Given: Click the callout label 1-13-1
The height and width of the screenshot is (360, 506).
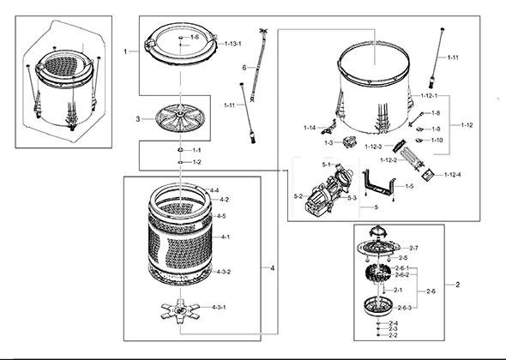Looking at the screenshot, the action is [233, 44].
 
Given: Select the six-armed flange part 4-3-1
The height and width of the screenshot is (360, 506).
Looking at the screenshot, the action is [180, 311].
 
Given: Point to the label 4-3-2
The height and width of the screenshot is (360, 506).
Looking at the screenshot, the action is [223, 272].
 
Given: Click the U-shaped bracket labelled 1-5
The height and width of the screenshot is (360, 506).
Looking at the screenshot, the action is [379, 185].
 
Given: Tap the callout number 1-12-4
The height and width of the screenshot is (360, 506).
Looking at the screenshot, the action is [453, 175].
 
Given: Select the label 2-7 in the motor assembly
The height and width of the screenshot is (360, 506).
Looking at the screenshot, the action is [413, 248].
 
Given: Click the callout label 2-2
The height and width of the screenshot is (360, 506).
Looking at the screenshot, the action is [393, 335].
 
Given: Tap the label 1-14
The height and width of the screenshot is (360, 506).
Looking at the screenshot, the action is [310, 128].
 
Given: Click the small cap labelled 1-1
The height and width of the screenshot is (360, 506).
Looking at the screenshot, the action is [180, 150].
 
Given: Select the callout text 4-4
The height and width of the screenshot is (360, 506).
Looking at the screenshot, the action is [214, 190].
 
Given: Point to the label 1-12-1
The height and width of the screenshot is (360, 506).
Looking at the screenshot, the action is [429, 96].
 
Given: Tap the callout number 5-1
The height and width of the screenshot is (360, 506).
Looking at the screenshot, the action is [326, 165].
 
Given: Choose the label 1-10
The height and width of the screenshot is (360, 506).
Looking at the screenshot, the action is [437, 140].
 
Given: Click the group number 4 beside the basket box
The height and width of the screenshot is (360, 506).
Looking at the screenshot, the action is [273, 268].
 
